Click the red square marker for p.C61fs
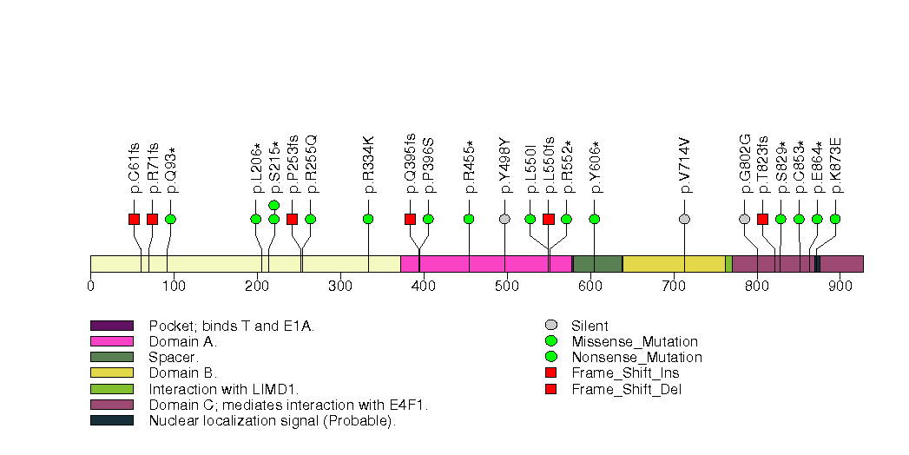tap(134, 219)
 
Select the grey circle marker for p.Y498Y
tap(504, 219)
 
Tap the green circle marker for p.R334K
tap(368, 219)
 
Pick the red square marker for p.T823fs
tap(762, 219)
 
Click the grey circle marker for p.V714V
tap(684, 219)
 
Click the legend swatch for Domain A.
tap(111, 342)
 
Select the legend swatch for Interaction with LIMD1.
tap(111, 389)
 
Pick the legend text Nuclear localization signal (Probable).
tap(272, 421)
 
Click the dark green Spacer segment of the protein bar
tap(597, 264)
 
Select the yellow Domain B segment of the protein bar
tap(674, 264)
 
